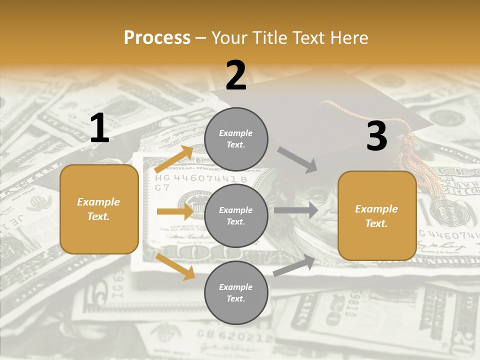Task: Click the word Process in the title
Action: (157, 38)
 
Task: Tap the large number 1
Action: (99, 128)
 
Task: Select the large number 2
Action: (236, 75)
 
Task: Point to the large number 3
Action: (376, 136)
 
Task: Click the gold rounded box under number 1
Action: (99, 209)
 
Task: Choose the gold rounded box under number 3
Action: (377, 215)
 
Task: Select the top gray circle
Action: (236, 139)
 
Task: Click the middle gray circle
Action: (236, 215)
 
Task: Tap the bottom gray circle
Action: (236, 292)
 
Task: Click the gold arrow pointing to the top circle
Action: (174, 159)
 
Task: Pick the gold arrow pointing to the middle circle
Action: (175, 211)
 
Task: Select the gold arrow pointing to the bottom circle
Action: (175, 266)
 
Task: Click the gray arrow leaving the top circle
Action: (297, 159)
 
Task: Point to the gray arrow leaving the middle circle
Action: (296, 210)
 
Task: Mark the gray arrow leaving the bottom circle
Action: (294, 265)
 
